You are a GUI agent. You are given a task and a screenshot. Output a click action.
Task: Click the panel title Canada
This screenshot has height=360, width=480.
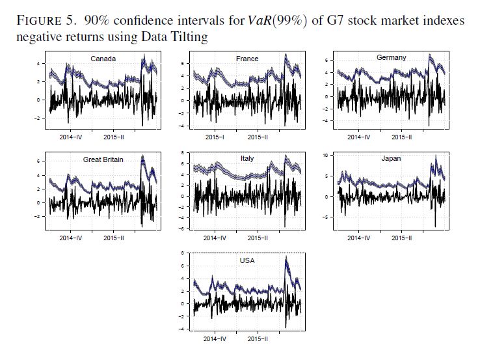103,59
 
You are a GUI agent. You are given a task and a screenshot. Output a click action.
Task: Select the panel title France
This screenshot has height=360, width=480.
247,59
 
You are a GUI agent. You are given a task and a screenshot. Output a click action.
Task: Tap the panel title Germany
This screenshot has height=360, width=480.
391,58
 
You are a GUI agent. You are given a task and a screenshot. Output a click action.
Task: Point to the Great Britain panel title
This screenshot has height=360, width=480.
103,159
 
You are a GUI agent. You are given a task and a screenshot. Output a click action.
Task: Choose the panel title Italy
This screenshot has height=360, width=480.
248,158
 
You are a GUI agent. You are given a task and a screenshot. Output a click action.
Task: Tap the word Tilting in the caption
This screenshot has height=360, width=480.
189,37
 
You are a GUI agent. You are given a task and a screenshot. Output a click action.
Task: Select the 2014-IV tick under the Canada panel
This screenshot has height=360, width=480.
70,137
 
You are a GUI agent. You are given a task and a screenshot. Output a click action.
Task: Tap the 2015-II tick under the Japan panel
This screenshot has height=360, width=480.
401,238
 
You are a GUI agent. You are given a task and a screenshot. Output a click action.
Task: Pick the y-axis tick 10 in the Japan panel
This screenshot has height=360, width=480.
328,156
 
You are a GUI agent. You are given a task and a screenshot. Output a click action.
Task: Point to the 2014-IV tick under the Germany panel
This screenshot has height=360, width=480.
358,137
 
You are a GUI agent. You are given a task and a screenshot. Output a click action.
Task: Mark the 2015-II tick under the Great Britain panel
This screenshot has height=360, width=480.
114,238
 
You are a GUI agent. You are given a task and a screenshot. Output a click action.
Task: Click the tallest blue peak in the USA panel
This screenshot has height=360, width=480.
286,258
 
